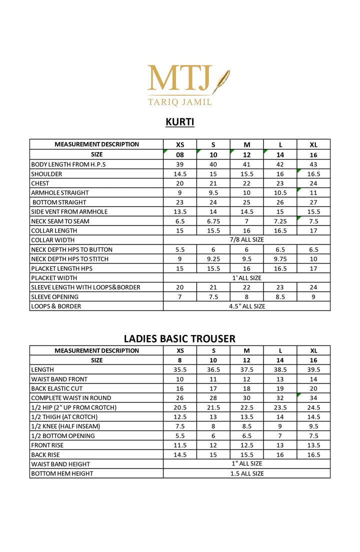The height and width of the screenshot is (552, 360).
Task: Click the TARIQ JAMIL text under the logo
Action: pos(180,101)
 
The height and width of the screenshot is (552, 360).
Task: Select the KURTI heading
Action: pos(180,122)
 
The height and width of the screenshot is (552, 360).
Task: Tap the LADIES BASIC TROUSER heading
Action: pos(179,338)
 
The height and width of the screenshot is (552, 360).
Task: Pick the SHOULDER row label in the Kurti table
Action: pos(46,174)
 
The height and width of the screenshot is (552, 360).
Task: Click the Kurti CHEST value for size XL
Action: pos(313,183)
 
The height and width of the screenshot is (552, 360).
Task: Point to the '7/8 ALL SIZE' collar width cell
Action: pos(246,240)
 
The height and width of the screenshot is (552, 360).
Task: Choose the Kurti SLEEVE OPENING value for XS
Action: pos(180,296)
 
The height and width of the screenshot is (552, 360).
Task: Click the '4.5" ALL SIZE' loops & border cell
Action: pos(246,306)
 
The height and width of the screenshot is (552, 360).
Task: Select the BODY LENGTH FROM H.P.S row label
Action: pos(68,164)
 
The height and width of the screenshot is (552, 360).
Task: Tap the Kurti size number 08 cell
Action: pos(180,155)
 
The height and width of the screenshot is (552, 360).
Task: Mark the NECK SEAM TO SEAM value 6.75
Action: pos(213,221)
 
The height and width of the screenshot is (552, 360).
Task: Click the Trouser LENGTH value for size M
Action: pos(246,369)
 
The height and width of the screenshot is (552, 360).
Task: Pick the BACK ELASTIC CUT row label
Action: pos(57,388)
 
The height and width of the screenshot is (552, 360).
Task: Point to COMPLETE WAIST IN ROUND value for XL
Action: pos(313,398)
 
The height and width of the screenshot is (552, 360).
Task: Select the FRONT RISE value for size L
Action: pos(280,445)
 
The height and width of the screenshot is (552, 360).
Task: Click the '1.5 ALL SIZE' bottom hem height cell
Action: pos(246,473)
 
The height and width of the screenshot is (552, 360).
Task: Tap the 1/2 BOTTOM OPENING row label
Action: pos(63,435)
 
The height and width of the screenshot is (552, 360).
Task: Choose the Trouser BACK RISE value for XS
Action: pos(180,454)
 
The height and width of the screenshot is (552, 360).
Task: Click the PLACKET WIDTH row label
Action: pos(54,277)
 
